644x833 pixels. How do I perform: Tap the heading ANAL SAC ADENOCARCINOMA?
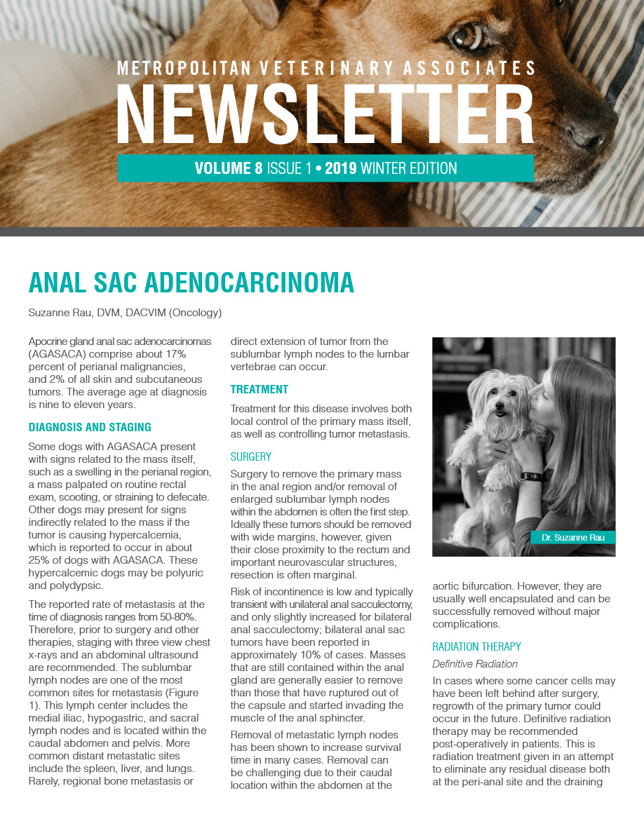click(191, 282)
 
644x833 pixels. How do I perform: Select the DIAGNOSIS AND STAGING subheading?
click(90, 427)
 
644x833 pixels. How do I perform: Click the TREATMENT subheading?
click(260, 389)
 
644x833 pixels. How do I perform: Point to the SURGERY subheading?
click(251, 456)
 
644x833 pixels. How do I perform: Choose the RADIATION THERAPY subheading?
click(477, 646)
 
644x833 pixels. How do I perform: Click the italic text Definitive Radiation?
click(475, 663)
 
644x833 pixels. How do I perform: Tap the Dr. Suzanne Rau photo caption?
click(572, 538)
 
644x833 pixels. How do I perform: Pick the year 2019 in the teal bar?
click(340, 168)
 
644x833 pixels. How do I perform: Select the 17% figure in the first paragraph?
click(173, 354)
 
